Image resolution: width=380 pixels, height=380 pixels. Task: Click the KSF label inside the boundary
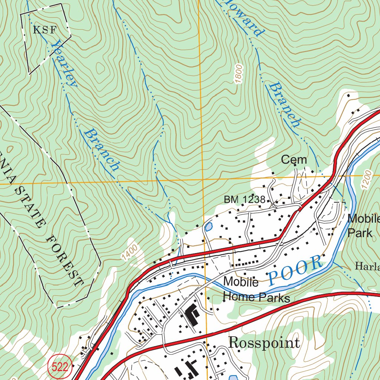point(45,30)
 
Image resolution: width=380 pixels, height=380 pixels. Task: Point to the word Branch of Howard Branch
point(285,105)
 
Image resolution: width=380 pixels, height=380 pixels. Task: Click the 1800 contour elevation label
point(238,75)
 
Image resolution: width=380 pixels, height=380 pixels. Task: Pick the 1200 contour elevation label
point(366,180)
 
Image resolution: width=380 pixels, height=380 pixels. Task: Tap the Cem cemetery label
point(294,160)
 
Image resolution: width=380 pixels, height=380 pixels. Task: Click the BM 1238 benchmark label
point(245,200)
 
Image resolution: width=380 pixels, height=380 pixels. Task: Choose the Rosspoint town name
point(264,342)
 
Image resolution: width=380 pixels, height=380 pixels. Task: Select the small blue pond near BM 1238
point(209,226)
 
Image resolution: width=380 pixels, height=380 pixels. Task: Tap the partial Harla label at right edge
point(367,266)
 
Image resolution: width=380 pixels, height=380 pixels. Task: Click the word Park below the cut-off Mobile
point(360,233)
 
